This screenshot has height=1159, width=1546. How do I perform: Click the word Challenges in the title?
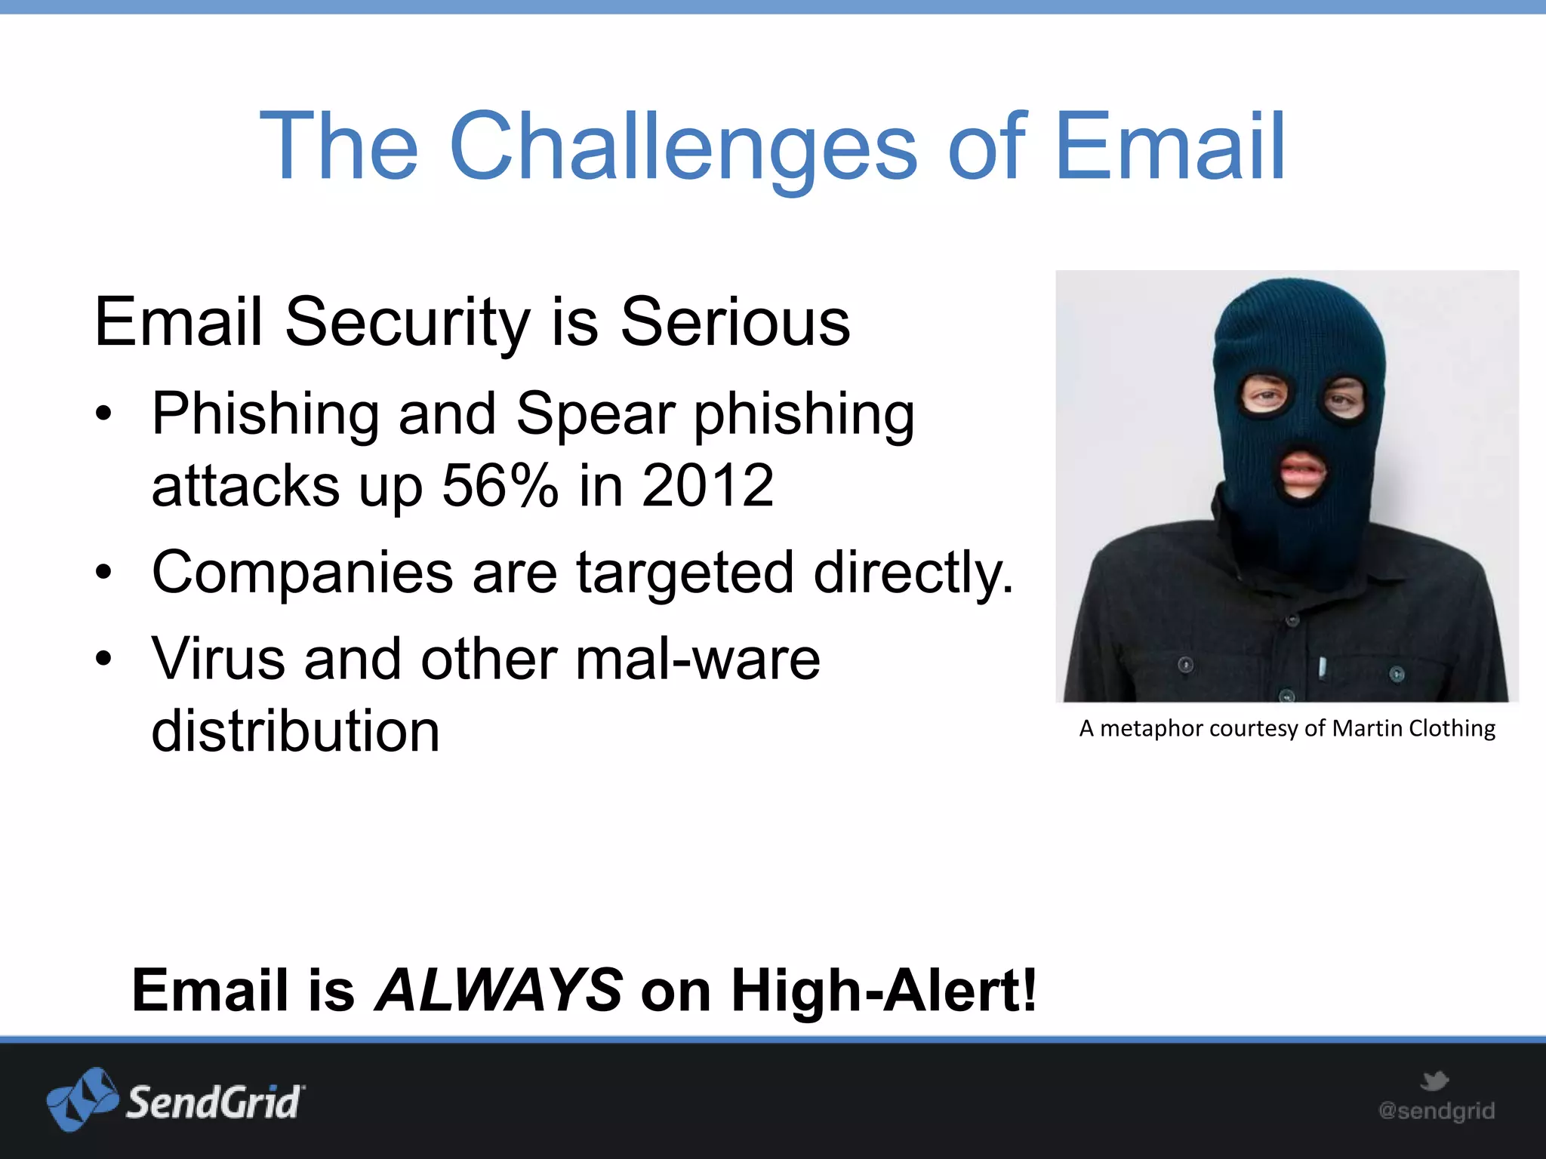tap(683, 147)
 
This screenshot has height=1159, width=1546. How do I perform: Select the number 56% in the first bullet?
tap(500, 485)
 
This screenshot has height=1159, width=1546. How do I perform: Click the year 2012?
tap(707, 485)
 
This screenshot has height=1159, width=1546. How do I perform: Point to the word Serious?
tap(735, 322)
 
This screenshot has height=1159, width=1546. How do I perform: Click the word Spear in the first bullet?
tap(596, 414)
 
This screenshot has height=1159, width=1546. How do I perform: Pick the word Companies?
tap(302, 573)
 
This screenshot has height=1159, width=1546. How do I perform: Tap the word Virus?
tap(218, 659)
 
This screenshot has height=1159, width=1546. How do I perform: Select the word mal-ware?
tap(697, 659)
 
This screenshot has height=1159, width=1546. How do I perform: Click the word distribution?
tap(295, 730)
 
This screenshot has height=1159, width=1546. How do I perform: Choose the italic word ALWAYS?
tap(498, 990)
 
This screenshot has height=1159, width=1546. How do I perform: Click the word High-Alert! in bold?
tap(884, 990)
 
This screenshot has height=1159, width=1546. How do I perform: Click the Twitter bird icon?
tap(1434, 1081)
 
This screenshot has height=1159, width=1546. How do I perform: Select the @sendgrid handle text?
tap(1436, 1111)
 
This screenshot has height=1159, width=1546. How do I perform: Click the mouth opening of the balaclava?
tap(1301, 474)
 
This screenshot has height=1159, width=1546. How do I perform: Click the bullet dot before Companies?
tap(103, 573)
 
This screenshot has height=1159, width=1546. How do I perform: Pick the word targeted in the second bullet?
tap(685, 573)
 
